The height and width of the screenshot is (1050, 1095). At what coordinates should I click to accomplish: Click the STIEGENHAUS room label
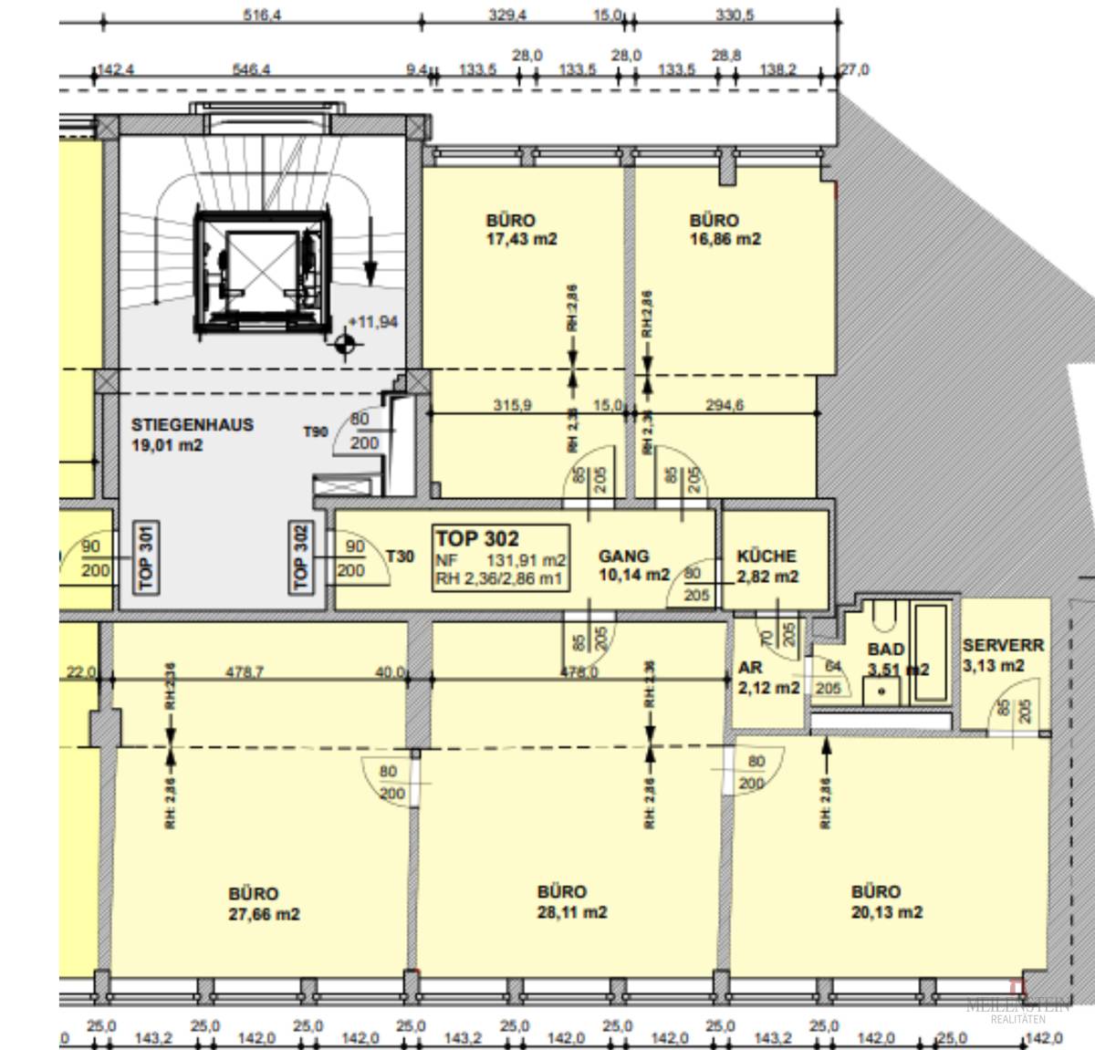192,425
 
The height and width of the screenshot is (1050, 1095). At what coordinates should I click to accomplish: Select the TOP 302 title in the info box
477,538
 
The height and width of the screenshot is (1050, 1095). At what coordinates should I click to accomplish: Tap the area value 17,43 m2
521,240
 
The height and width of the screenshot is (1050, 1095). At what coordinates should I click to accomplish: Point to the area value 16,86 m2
725,240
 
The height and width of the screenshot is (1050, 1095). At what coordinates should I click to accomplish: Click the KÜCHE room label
766,556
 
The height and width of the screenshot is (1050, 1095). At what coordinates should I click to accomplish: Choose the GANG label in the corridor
624,556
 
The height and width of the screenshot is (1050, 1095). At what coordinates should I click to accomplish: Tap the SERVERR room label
1003,645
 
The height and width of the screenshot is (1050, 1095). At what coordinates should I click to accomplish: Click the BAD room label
886,650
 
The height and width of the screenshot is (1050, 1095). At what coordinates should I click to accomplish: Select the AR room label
749,668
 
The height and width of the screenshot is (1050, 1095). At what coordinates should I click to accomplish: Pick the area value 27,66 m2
264,914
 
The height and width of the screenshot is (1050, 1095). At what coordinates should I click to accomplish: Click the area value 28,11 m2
571,912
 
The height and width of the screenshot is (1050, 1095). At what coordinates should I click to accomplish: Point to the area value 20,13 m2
886,912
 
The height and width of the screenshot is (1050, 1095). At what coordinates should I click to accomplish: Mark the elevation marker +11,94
372,323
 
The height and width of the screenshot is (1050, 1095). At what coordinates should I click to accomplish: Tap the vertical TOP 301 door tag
144,556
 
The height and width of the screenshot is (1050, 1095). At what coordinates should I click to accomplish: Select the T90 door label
316,431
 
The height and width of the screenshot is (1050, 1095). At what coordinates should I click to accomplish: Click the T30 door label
400,556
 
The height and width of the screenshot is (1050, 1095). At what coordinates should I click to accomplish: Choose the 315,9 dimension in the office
512,405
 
